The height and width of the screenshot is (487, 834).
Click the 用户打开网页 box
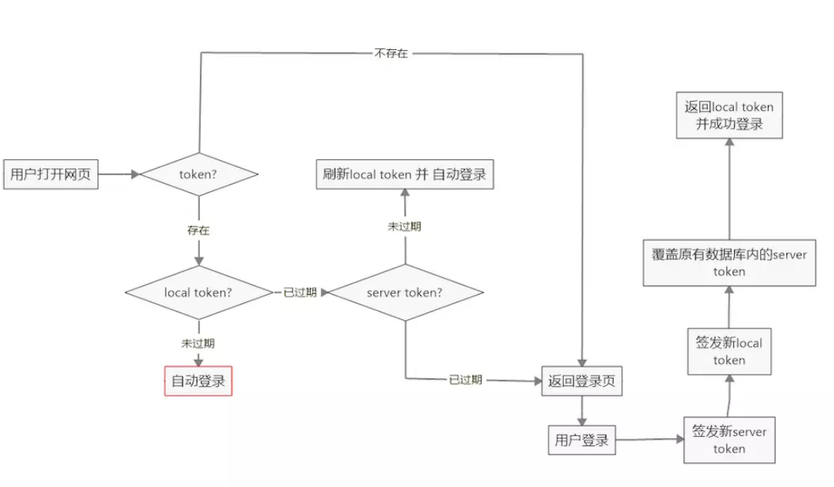coord(51,174)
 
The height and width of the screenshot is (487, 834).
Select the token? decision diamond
coord(198,174)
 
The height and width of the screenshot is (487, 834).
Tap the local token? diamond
coord(198,292)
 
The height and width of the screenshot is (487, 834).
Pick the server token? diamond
coord(405,292)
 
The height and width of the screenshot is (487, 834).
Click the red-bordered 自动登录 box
coord(198,380)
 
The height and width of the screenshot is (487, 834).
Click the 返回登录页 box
coord(581,380)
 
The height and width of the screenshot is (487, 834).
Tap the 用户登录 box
coord(581,440)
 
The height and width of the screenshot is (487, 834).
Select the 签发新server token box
coord(729,440)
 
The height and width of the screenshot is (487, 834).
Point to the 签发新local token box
coord(729,352)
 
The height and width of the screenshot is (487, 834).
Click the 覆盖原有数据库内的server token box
coord(729,262)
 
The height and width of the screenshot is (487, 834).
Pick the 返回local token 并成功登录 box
coord(729,115)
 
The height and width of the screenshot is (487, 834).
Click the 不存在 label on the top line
coord(391,54)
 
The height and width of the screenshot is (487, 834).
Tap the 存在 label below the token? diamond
coord(198,230)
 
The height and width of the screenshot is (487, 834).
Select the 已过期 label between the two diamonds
coord(300,292)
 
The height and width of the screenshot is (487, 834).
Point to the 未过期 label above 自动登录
coord(198,344)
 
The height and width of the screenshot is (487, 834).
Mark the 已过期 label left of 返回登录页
coord(465,379)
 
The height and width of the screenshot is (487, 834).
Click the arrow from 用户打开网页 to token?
coord(118,174)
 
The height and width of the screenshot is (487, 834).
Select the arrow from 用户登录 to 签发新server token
coord(650,440)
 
